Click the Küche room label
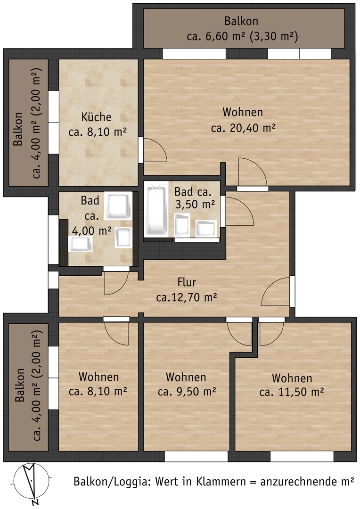point(97,117)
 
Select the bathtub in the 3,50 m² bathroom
point(156,210)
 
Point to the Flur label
point(187,282)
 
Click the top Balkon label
point(241,21)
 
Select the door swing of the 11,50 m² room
point(272,334)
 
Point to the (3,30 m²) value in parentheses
point(274,36)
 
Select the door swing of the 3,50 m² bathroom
point(240,211)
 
